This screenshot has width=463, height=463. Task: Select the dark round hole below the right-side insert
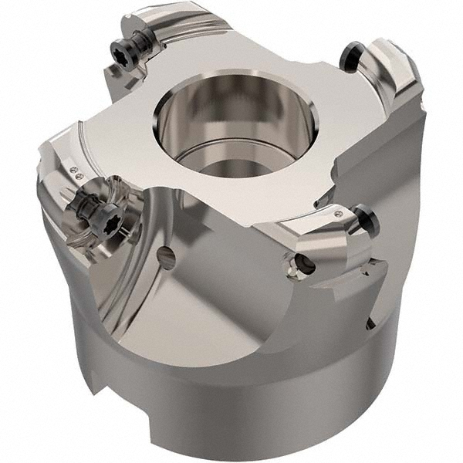302,267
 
